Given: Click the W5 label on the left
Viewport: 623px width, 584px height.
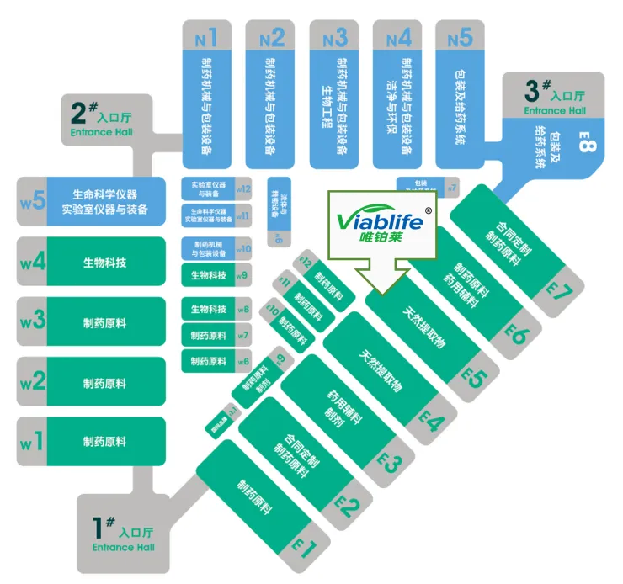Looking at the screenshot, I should (x=32, y=202).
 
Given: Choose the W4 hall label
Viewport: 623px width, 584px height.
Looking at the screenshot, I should (x=32, y=263).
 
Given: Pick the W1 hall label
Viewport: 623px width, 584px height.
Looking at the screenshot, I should (x=32, y=441).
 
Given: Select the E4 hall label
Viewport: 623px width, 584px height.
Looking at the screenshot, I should (x=432, y=419).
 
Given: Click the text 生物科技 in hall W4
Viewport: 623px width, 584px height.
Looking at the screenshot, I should (x=104, y=263).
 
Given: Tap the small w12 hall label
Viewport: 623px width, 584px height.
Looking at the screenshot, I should (x=243, y=188).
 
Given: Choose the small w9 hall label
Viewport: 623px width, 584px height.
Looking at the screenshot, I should (x=242, y=275).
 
